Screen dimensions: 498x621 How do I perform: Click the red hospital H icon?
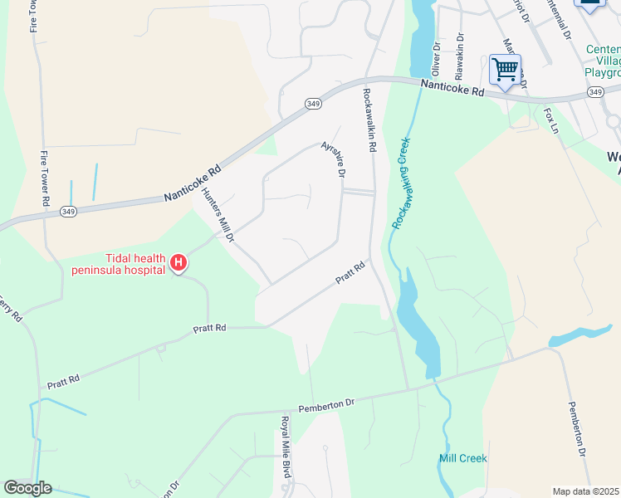tap(178, 264)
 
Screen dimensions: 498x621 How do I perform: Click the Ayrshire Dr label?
tap(333, 158)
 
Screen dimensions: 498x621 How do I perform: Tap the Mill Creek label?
tap(462, 458)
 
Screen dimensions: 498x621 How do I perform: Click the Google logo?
tap(27, 488)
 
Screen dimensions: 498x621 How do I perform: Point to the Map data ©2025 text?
tap(585, 491)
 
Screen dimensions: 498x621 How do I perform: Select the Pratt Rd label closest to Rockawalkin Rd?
tap(350, 274)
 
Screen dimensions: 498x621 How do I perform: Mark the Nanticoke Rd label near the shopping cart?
tap(452, 87)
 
